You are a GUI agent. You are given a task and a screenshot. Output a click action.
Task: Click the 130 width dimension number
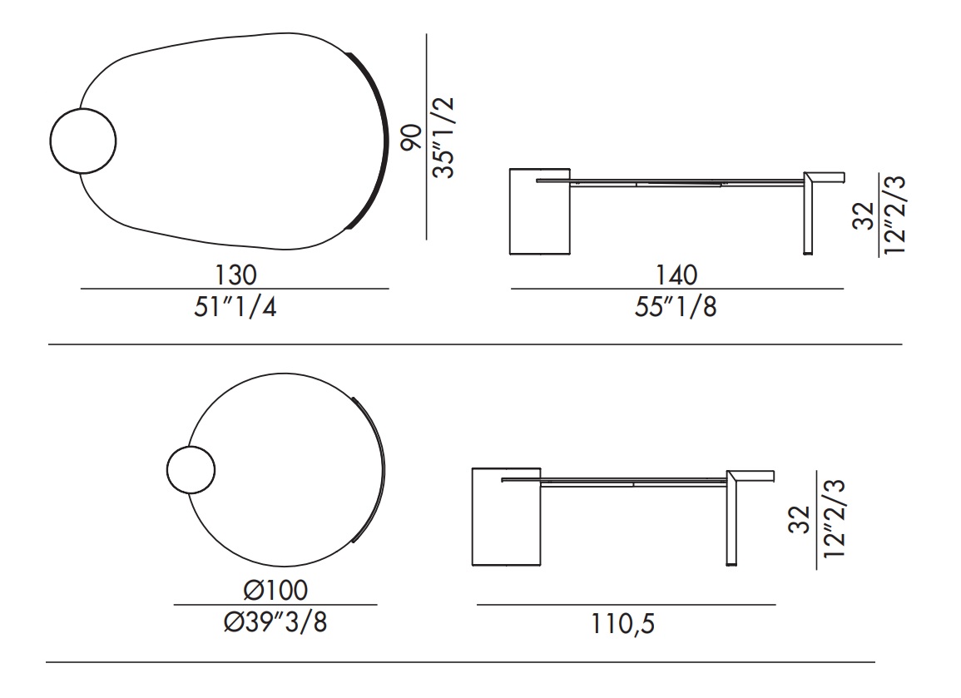point(235,275)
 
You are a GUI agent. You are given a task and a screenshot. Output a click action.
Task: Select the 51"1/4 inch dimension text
point(235,306)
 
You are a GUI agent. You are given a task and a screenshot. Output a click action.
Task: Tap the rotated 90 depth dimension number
point(411,136)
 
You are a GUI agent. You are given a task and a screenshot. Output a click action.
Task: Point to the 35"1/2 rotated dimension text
point(443,137)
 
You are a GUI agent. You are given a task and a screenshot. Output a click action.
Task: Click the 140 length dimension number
point(676,275)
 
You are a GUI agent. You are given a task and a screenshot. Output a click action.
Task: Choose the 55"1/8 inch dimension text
point(676,306)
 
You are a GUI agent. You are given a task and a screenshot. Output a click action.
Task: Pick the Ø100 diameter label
point(275,590)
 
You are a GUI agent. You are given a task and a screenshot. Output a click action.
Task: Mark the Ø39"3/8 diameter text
point(275,622)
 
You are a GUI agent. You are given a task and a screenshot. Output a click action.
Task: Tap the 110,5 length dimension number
point(622,623)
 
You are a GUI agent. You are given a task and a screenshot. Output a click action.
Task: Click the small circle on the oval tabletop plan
point(82,141)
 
